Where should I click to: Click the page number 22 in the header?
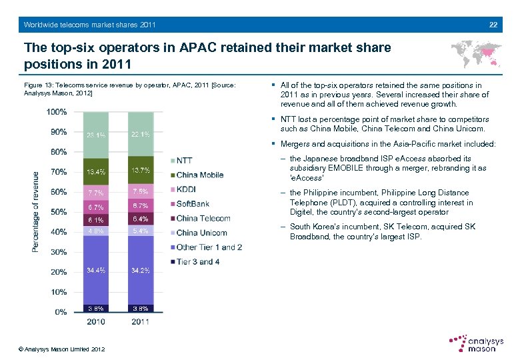[x=493, y=25]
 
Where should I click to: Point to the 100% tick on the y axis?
[x=57, y=111]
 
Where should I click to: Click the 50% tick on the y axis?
[x=59, y=212]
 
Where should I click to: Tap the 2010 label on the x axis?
[x=96, y=323]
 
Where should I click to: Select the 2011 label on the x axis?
[x=141, y=323]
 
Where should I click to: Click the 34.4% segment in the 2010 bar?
[x=96, y=270]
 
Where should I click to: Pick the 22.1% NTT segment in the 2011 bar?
[x=141, y=135]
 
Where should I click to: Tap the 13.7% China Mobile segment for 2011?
[x=141, y=171]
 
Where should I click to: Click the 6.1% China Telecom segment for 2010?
[x=96, y=219]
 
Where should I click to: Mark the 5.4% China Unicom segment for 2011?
[x=141, y=231]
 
